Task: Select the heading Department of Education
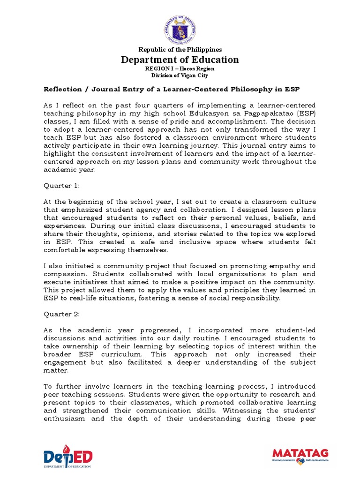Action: coord(180,60)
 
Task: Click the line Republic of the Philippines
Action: coord(180,49)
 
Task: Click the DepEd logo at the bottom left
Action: coord(68,457)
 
